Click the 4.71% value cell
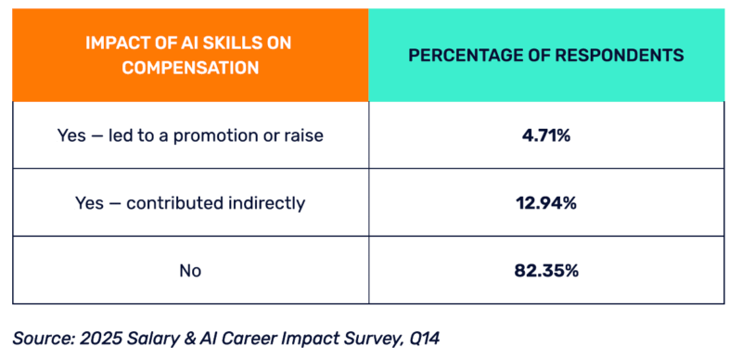pos(545,135)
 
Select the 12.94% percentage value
pos(545,203)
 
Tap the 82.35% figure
pos(545,271)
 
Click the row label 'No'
pos(190,271)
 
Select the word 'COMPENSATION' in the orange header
pos(190,68)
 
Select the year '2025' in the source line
pos(100,339)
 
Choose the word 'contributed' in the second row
pos(171,203)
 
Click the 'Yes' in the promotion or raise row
pos(71,135)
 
